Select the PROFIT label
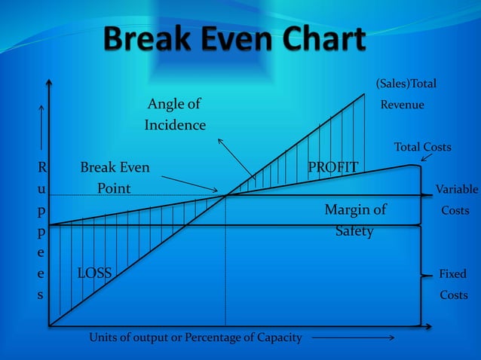[332, 166]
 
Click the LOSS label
[94, 273]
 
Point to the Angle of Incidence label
[174, 114]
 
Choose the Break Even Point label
[115, 177]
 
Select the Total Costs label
[422, 147]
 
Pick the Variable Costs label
[455, 200]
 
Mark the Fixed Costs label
[453, 284]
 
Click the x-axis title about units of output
[195, 337]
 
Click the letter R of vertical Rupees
[41, 166]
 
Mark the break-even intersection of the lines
[225, 195]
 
